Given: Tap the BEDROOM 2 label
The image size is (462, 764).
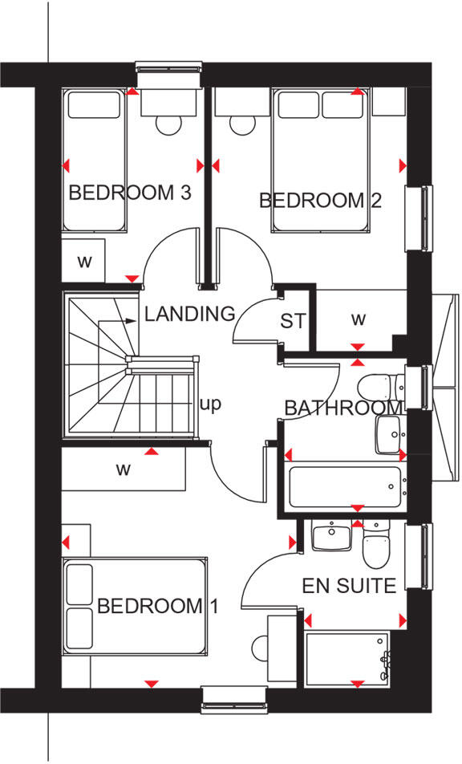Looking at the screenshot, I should [320, 200].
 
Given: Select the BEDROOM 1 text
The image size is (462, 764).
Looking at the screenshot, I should [157, 606].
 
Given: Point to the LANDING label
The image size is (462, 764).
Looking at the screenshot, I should [190, 314].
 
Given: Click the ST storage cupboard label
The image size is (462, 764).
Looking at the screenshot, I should [293, 322].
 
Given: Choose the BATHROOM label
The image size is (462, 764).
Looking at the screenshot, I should [342, 408].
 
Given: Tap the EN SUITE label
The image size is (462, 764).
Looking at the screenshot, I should [349, 586].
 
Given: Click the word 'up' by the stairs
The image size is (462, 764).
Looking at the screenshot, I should [210, 404].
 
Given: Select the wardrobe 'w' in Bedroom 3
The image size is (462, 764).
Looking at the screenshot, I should [83, 261].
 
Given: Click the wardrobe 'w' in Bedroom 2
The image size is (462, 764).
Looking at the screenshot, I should [358, 319].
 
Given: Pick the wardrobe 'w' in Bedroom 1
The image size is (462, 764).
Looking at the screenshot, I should [123, 469].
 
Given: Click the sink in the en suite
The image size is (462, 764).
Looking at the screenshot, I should [330, 536].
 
